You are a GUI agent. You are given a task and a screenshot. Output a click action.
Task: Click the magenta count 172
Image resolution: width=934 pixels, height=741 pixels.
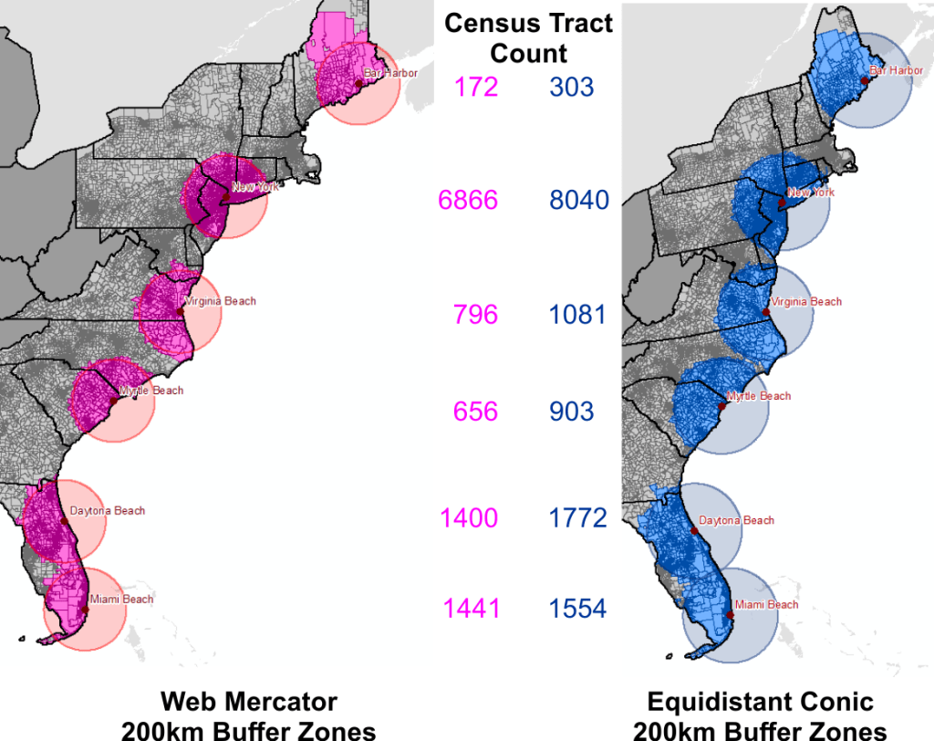point(475,87)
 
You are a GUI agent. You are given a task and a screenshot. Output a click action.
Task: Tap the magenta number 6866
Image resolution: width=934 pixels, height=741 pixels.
point(468,200)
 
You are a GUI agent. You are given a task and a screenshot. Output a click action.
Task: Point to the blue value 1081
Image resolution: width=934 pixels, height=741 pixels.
point(577,315)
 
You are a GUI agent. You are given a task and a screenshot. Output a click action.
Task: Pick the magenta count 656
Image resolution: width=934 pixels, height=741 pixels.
point(475,412)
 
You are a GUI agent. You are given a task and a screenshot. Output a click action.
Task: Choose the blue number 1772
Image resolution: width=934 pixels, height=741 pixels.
point(577,518)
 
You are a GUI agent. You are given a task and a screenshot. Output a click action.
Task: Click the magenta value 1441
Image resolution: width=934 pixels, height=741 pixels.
point(472,608)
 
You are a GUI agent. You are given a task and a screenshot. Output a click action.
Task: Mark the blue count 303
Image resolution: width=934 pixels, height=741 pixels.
point(572,87)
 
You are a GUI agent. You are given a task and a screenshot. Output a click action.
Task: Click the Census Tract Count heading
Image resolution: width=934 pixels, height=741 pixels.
point(529,37)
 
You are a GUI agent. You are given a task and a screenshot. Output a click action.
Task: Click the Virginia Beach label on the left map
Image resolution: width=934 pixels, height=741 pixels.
point(221,301)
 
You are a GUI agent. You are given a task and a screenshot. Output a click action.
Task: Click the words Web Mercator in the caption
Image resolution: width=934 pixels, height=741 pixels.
point(249,702)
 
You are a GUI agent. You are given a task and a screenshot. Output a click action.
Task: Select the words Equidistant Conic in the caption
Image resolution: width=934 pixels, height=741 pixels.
point(760,702)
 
